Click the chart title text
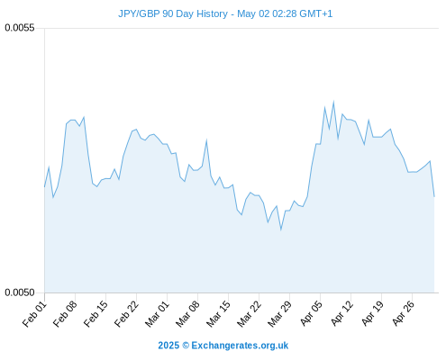coord(225,13)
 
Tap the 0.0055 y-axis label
coord(20,28)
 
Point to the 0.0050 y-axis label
coord(20,292)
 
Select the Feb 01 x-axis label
coord(35,314)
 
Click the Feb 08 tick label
coord(66,314)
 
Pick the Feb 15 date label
coord(96,314)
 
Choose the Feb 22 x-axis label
coord(127,314)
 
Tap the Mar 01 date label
coord(158,314)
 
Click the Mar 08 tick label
coord(188,314)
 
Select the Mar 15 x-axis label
coord(219,314)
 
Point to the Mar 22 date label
coord(250,314)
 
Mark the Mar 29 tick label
coord(280,314)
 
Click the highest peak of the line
coord(333,102)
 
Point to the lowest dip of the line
coord(281,229)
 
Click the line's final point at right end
coord(434,197)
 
